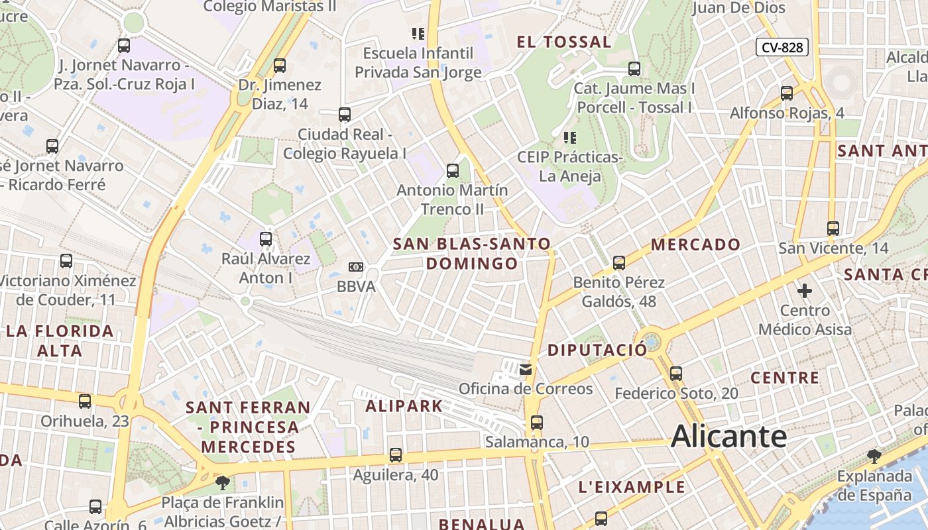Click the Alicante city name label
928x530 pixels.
click(729, 437)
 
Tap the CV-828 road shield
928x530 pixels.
click(782, 47)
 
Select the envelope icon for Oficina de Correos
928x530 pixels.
click(526, 369)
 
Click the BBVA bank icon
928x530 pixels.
click(356, 267)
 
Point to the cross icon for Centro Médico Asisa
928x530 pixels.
click(805, 290)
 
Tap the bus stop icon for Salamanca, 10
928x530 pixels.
click(536, 422)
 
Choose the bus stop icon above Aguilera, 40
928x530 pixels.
click(396, 455)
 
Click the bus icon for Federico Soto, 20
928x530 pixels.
click(676, 373)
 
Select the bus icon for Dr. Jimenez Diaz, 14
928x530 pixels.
click(280, 65)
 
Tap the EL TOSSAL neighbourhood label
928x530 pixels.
click(564, 42)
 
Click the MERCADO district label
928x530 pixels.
click(695, 244)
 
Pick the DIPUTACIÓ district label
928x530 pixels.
click(597, 350)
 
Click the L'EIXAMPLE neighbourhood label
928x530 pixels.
click(632, 487)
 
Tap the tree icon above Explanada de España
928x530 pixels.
click(874, 456)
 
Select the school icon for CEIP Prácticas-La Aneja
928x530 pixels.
click(569, 138)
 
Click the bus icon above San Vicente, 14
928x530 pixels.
click(833, 229)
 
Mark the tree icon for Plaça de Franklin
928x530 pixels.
click(223, 482)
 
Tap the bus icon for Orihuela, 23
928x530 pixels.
click(85, 401)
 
